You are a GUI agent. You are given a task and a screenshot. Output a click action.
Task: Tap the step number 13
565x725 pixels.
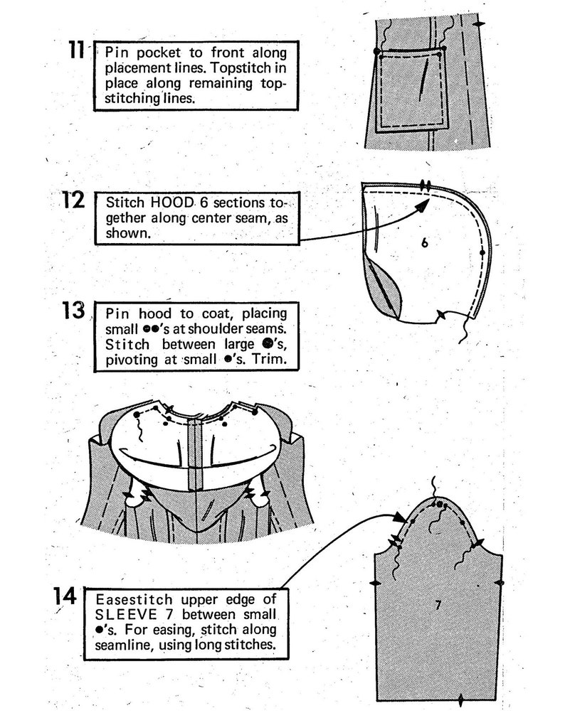coord(74,311)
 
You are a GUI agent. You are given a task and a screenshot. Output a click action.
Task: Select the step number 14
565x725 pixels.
coord(65,596)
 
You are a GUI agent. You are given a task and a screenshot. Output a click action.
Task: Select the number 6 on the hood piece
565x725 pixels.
coord(424,243)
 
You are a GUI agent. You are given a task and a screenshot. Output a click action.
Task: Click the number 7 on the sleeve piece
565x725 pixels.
coord(438,604)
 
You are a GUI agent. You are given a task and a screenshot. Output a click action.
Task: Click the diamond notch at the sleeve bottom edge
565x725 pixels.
coord(461,701)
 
